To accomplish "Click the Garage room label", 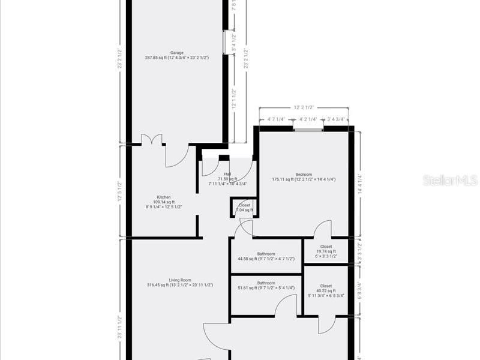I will tap(176, 53).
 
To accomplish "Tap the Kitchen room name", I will tap(164, 197).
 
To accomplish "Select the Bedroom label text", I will tap(304, 175).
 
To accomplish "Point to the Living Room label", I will tap(180, 280).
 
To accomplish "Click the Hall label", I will tap(227, 174).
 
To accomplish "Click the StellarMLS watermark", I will tap(449, 180).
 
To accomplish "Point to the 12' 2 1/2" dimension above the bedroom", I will tap(304, 107).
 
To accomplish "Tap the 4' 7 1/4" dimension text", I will tap(276, 119).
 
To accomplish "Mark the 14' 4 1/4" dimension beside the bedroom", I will tap(360, 182).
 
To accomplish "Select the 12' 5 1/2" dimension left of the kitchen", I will tap(120, 191).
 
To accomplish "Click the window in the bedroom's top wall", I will tap(308, 128).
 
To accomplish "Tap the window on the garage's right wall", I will tap(225, 42).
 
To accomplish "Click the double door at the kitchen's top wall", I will tap(152, 140).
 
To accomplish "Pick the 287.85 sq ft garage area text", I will tap(176, 58).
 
